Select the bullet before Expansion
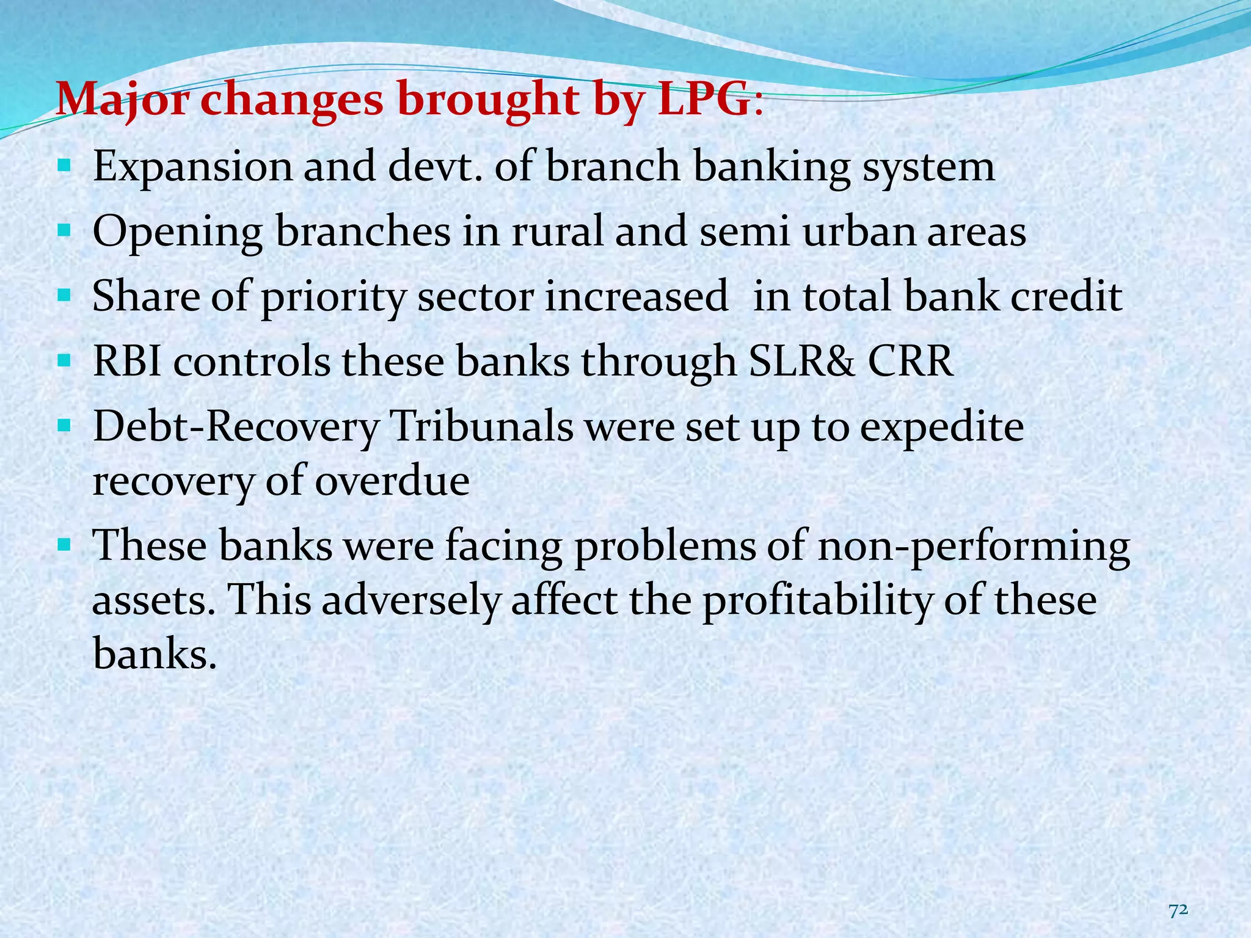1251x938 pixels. [64, 165]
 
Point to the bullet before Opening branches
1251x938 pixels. [64, 231]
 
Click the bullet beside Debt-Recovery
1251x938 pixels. [64, 426]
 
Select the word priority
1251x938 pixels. [333, 297]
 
